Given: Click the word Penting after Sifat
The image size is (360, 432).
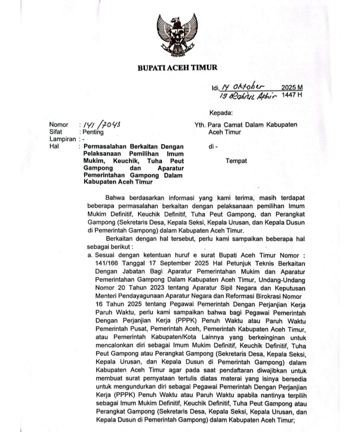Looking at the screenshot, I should pyautogui.click(x=93, y=132).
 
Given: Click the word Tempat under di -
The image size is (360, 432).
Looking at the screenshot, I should pyautogui.click(x=237, y=161).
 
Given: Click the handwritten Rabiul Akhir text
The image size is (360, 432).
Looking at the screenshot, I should pyautogui.click(x=252, y=95).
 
